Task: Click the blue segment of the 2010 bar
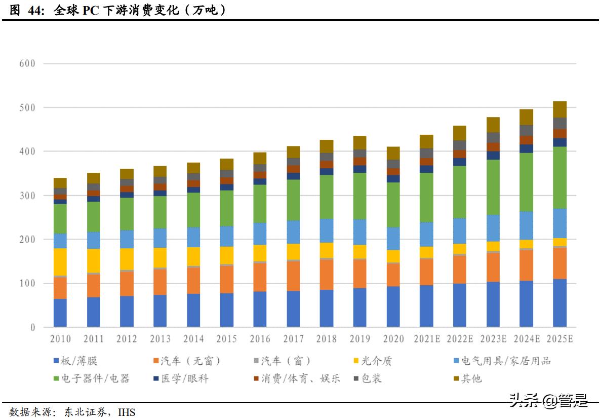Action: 60,313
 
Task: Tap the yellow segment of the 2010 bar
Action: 60,261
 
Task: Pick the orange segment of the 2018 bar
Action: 327,275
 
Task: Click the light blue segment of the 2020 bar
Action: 393,238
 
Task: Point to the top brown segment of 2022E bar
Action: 460,133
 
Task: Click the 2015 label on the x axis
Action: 227,339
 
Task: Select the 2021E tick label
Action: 426,339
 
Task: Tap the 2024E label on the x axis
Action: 526,339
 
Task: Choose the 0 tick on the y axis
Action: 32,327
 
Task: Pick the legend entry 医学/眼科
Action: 185,378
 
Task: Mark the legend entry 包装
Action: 371,378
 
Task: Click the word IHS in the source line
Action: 127,412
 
